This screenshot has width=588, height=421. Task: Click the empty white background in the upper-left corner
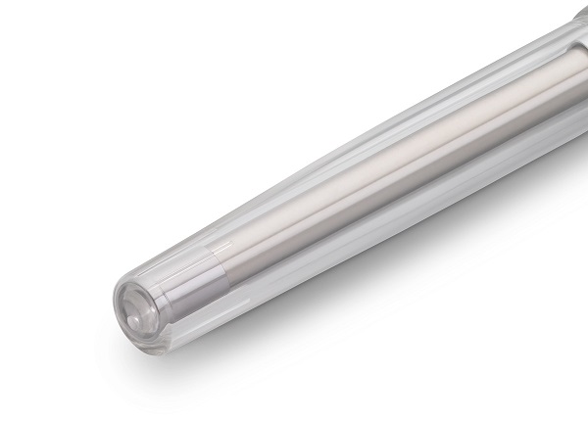pyautogui.click(x=59, y=49)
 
